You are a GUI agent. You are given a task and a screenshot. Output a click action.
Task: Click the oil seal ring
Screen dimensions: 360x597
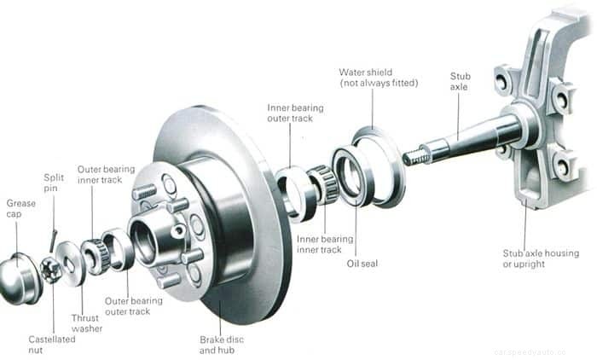[352, 177]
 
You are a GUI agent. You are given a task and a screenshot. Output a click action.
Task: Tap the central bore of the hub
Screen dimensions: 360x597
[145, 242]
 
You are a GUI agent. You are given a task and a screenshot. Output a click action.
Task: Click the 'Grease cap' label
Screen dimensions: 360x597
[20, 209]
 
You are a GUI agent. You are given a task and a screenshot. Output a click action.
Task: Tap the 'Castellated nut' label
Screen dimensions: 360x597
[51, 344]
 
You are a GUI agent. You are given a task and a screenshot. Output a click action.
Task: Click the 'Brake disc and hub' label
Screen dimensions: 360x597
[220, 344]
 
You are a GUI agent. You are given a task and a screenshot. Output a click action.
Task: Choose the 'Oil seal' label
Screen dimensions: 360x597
[362, 264]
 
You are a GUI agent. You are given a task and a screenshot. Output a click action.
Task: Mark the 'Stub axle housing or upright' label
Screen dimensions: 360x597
[540, 258]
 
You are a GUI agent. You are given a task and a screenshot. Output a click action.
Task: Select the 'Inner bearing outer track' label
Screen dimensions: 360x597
[290, 113]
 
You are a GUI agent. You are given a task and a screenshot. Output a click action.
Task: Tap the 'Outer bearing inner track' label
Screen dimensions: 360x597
[106, 174]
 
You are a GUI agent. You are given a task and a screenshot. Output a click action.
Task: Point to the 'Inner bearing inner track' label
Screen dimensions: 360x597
[325, 244]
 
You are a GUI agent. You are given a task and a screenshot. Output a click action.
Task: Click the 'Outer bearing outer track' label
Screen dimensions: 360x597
[133, 305]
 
